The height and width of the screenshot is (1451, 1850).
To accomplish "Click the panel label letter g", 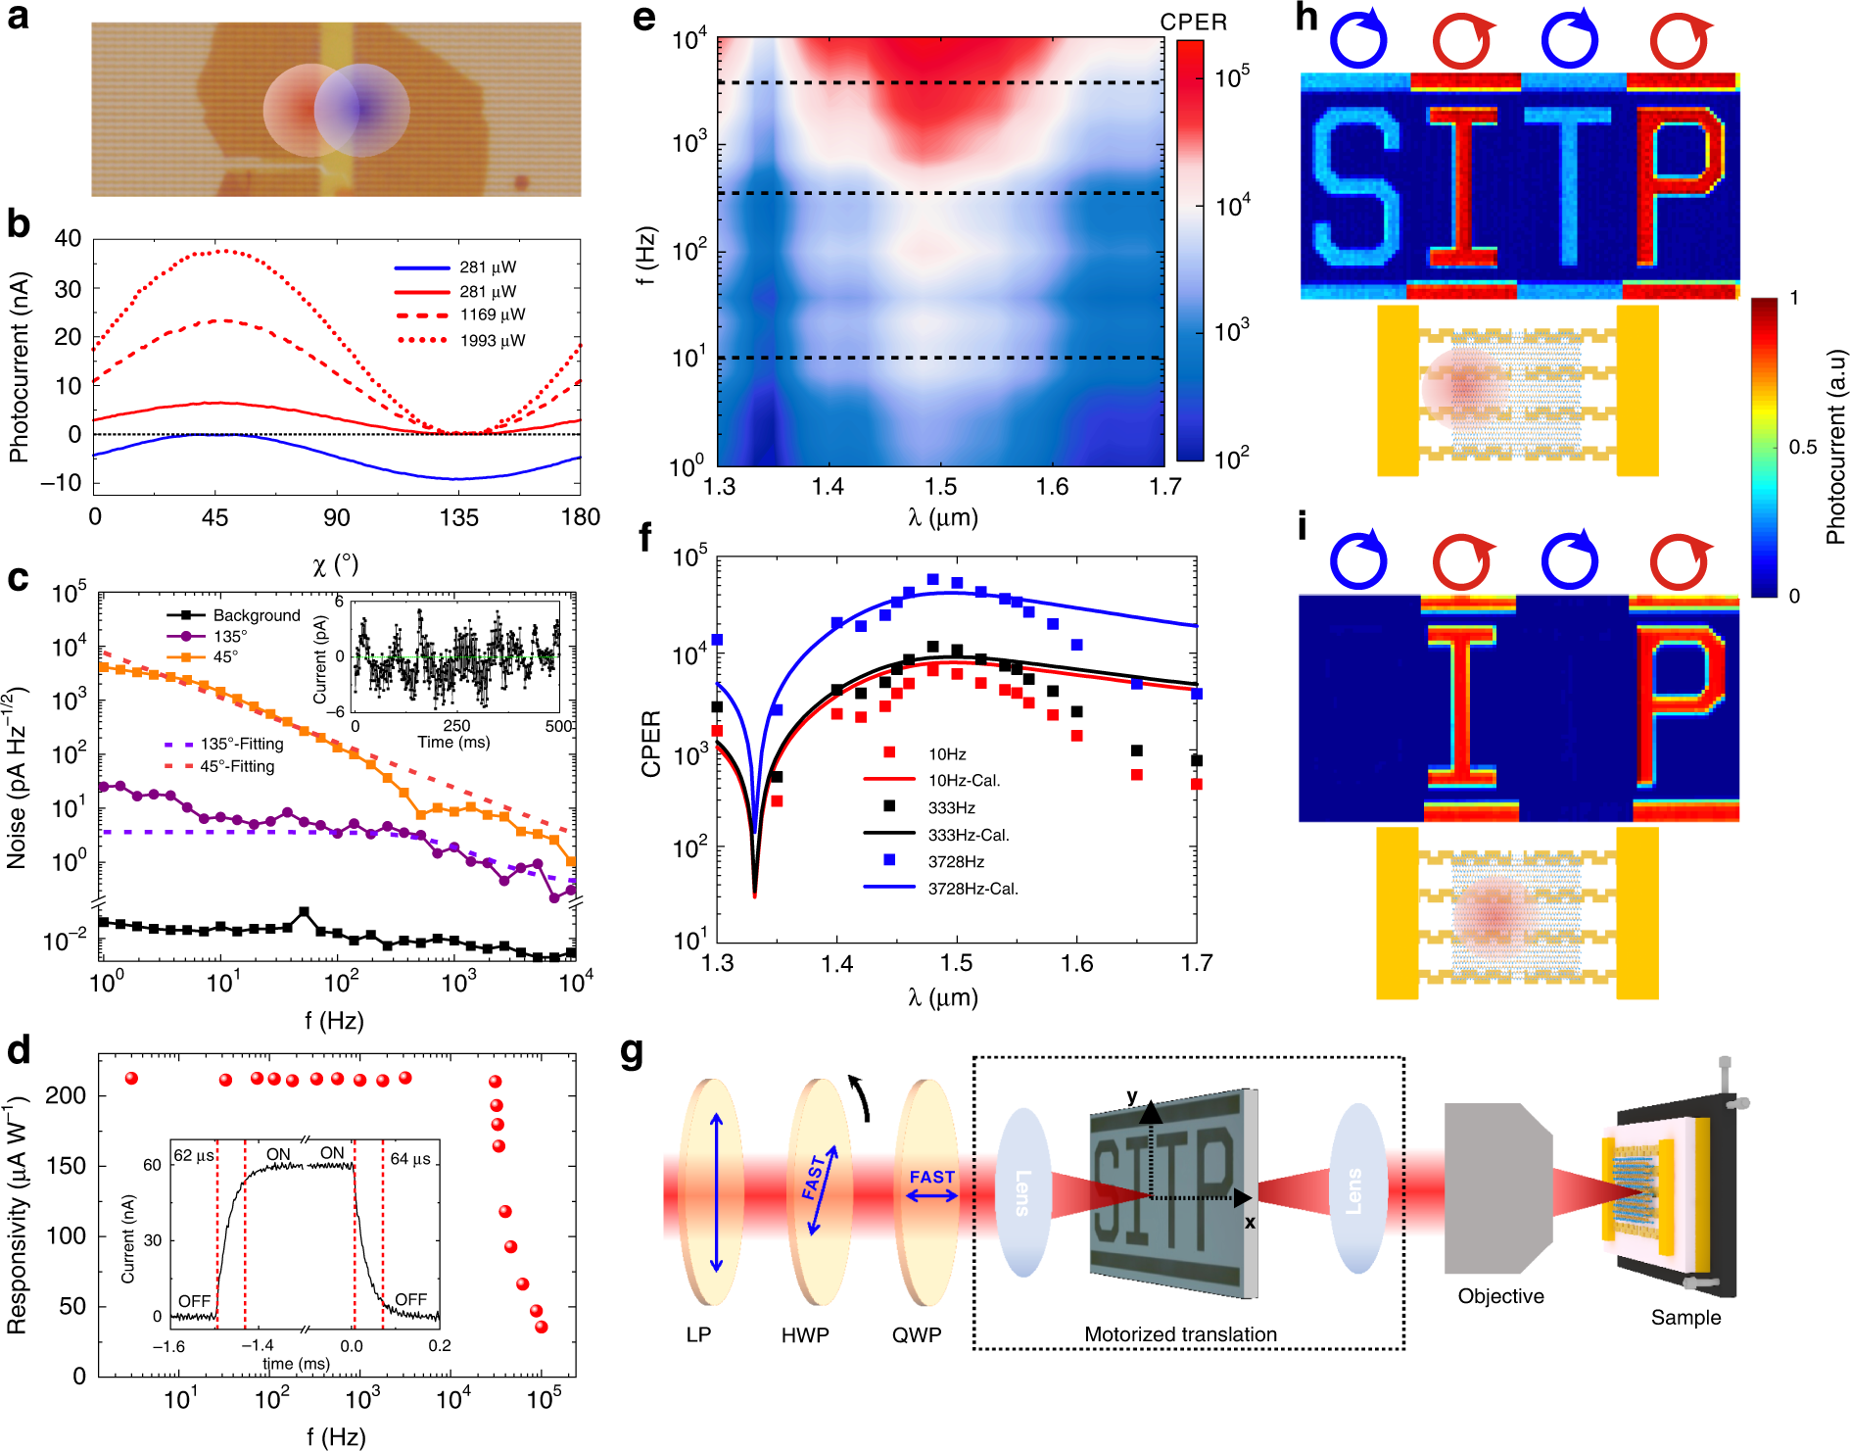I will (632, 1052).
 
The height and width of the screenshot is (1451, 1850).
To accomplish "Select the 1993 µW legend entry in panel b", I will (493, 341).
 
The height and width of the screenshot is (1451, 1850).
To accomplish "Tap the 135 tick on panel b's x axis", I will (458, 517).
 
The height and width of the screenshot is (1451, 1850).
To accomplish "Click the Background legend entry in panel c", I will (257, 615).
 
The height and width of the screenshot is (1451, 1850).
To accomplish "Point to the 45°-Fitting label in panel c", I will (237, 766).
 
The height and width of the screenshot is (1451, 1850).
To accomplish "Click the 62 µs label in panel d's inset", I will (194, 1156).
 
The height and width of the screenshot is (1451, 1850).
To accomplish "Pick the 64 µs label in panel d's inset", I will (411, 1158).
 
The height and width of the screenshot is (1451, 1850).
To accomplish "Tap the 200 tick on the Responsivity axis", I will (66, 1095).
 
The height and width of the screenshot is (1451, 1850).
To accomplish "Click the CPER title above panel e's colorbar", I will (1193, 23).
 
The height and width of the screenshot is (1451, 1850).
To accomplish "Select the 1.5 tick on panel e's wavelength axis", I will (940, 487).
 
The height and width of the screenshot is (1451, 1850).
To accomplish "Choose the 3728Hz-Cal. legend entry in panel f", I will (972, 889).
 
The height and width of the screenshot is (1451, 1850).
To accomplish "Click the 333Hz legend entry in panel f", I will (951, 808).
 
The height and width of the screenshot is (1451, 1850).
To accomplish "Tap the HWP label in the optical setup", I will (805, 1335).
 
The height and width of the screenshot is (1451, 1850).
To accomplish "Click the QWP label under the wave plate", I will (917, 1335).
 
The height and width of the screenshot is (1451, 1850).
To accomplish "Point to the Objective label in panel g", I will (1500, 1296).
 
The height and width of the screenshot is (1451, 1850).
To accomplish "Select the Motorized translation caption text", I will (1180, 1334).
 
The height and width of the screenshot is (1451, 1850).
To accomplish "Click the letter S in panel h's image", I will (1356, 187).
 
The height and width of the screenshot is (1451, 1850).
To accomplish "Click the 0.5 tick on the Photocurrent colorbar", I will (1802, 447).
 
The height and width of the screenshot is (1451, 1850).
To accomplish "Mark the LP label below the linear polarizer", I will (698, 1335).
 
